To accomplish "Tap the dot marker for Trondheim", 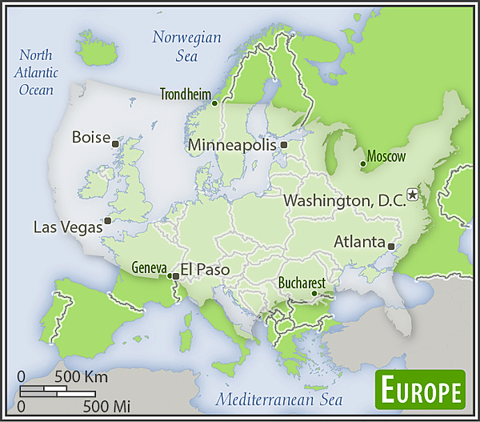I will (214, 102).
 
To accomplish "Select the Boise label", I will (90, 137).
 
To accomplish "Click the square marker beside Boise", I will (116, 144).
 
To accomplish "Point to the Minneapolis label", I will (233, 146).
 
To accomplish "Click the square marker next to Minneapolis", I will (284, 145).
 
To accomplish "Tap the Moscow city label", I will (386, 156).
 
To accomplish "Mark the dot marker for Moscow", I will (363, 164).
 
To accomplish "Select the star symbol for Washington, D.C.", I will (413, 194).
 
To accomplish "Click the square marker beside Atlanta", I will (390, 246).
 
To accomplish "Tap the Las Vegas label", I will (68, 227).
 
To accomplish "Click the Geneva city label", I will (149, 267).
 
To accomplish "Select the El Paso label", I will (206, 270).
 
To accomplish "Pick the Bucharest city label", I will (302, 283).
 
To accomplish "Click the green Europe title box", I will (421, 392).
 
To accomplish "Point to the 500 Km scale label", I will (81, 376).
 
